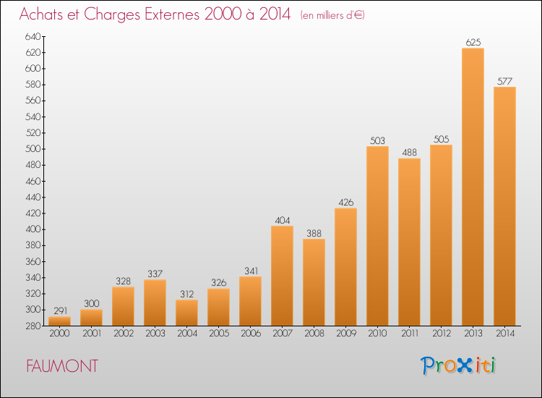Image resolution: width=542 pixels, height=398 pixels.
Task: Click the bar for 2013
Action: point(473,187)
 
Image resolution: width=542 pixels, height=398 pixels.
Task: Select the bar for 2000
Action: point(59,321)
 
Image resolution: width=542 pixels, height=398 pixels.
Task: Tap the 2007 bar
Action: point(282,276)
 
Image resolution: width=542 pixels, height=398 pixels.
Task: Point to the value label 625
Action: point(473,43)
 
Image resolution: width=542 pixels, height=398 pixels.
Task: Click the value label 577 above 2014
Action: point(504,81)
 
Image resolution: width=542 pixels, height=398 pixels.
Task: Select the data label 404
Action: point(282,220)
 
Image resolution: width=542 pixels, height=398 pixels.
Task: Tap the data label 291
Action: point(59,310)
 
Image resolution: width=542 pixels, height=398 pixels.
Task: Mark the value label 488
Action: point(409,153)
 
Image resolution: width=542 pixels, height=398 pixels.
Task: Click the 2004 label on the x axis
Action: point(186,334)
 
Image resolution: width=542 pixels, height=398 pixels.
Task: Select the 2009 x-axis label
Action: point(345,334)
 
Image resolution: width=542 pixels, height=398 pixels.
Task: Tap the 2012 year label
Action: point(441,334)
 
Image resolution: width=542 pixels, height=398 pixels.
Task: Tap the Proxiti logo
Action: point(459,365)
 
